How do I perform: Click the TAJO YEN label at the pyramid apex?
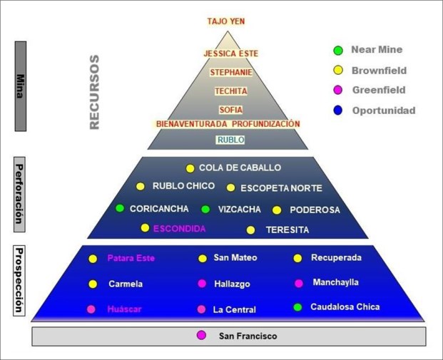(x=226, y=21)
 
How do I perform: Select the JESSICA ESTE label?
(x=230, y=53)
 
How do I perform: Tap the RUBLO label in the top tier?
(x=230, y=140)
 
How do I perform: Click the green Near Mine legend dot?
(x=338, y=51)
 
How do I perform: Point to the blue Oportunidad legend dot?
(x=338, y=110)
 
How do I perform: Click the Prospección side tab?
(x=20, y=282)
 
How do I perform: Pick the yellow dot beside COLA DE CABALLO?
(x=190, y=169)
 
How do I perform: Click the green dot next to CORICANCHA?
(x=120, y=209)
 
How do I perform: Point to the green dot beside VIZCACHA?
(x=205, y=210)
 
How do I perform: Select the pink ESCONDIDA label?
(x=179, y=229)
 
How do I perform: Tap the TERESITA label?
(x=287, y=230)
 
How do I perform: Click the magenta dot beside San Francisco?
(x=202, y=335)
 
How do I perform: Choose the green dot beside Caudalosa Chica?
(x=298, y=307)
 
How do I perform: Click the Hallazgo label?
(x=232, y=284)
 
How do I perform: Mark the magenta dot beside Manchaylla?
(x=298, y=283)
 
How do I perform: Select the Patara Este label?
(x=131, y=258)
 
